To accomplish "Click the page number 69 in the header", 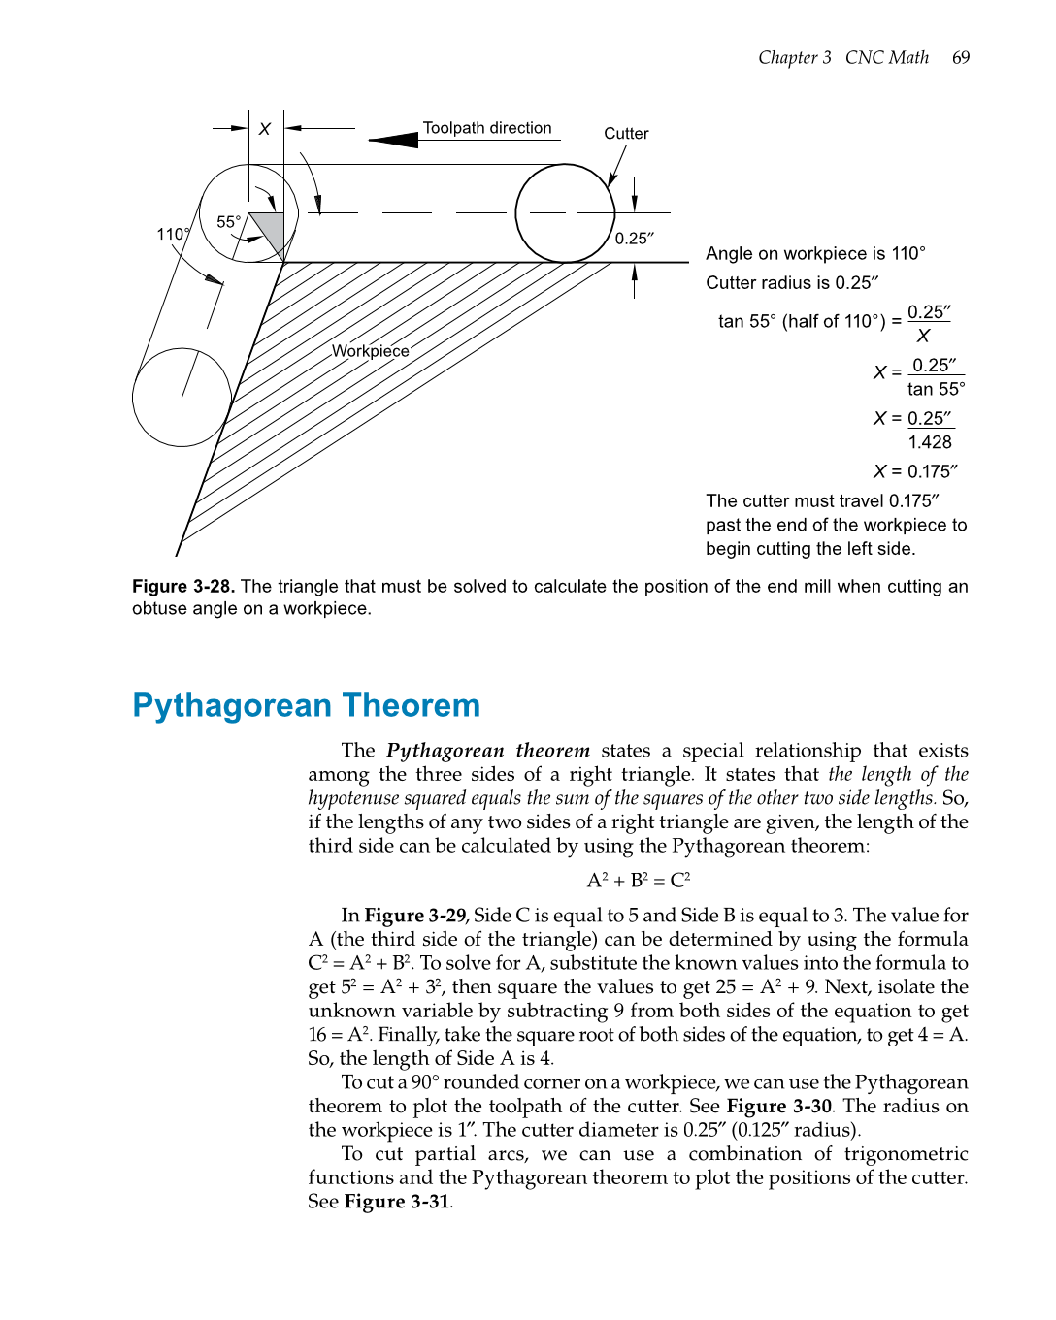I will [x=960, y=58].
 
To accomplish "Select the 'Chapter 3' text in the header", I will [x=794, y=58].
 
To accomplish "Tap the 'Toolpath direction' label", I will [x=487, y=128].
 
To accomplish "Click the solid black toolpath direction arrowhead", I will [x=395, y=141].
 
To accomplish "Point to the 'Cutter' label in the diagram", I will [x=626, y=134].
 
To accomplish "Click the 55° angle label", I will [x=228, y=222].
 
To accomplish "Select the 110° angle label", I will [x=173, y=235].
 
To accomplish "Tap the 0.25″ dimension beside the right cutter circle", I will [x=635, y=239].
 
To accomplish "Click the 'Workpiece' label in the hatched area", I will [x=370, y=351].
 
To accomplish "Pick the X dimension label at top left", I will [x=264, y=129].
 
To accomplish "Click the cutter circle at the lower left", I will [x=181, y=398].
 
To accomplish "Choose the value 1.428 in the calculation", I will [x=930, y=442].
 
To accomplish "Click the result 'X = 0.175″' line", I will [x=914, y=471].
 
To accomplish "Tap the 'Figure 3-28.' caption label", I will [x=183, y=587].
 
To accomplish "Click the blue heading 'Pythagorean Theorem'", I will [x=306, y=705].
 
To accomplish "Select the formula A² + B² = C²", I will [x=638, y=881].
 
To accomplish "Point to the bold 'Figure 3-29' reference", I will [x=415, y=916].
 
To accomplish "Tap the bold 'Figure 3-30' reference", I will [x=779, y=1107].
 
